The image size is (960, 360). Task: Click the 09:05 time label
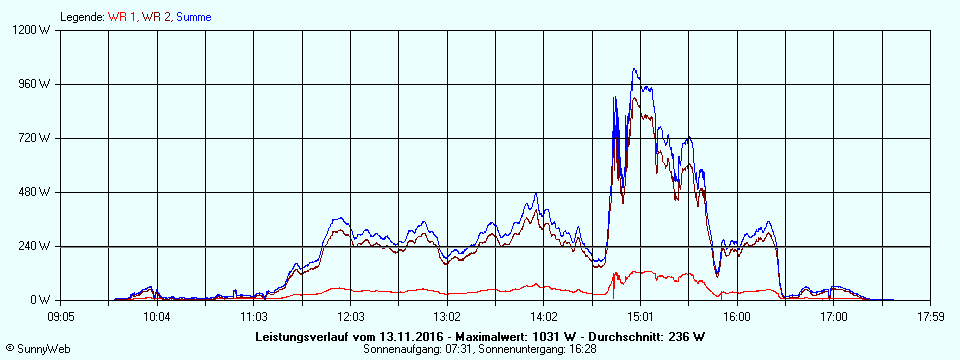pyautogui.click(x=61, y=317)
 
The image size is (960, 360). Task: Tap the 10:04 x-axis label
pyautogui.click(x=157, y=317)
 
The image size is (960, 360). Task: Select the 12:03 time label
pyautogui.click(x=350, y=317)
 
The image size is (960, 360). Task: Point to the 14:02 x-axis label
pyautogui.click(x=543, y=317)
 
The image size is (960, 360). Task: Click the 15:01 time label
pyautogui.click(x=640, y=317)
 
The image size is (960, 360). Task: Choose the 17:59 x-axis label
pyautogui.click(x=930, y=317)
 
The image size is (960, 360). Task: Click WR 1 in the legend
pyautogui.click(x=124, y=17)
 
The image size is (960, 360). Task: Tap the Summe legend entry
pyautogui.click(x=194, y=17)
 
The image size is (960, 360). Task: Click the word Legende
pyautogui.click(x=81, y=17)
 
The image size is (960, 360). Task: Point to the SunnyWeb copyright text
pyautogui.click(x=37, y=349)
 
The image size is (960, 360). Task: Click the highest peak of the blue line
pyautogui.click(x=634, y=69)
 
